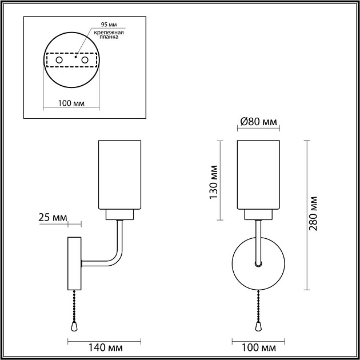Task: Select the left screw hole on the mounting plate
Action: pyautogui.click(x=58, y=60)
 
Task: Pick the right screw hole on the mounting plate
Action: pyautogui.click(x=85, y=60)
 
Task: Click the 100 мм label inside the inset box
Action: pyautogui.click(x=71, y=103)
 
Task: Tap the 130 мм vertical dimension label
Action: pyautogui.click(x=214, y=182)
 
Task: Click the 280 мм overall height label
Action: pyautogui.click(x=313, y=214)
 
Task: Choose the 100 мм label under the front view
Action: pyautogui.click(x=258, y=347)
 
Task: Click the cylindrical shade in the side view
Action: pyautogui.click(x=120, y=174)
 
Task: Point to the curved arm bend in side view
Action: pyautogui.click(x=117, y=258)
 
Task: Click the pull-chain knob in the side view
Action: pyautogui.click(x=74, y=325)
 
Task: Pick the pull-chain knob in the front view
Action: pyautogui.click(x=258, y=325)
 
